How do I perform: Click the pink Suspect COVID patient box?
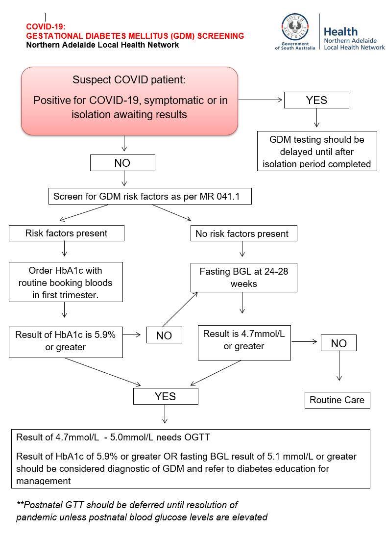130,101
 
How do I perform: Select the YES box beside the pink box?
316,100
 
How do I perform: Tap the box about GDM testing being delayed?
317,151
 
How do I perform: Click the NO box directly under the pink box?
122,163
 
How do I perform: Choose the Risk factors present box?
66,233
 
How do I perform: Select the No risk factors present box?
242,233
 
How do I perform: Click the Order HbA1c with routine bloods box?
66,282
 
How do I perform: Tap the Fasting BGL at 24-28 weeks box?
243,278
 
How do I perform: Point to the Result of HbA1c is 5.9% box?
66,341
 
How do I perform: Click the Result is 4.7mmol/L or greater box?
243,340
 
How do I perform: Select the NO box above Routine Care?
338,343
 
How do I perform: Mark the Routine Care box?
337,400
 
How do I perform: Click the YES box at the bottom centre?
166,396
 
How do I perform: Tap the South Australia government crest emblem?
295,27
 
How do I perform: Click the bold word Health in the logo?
340,31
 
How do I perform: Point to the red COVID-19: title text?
46,27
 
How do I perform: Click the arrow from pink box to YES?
261,100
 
